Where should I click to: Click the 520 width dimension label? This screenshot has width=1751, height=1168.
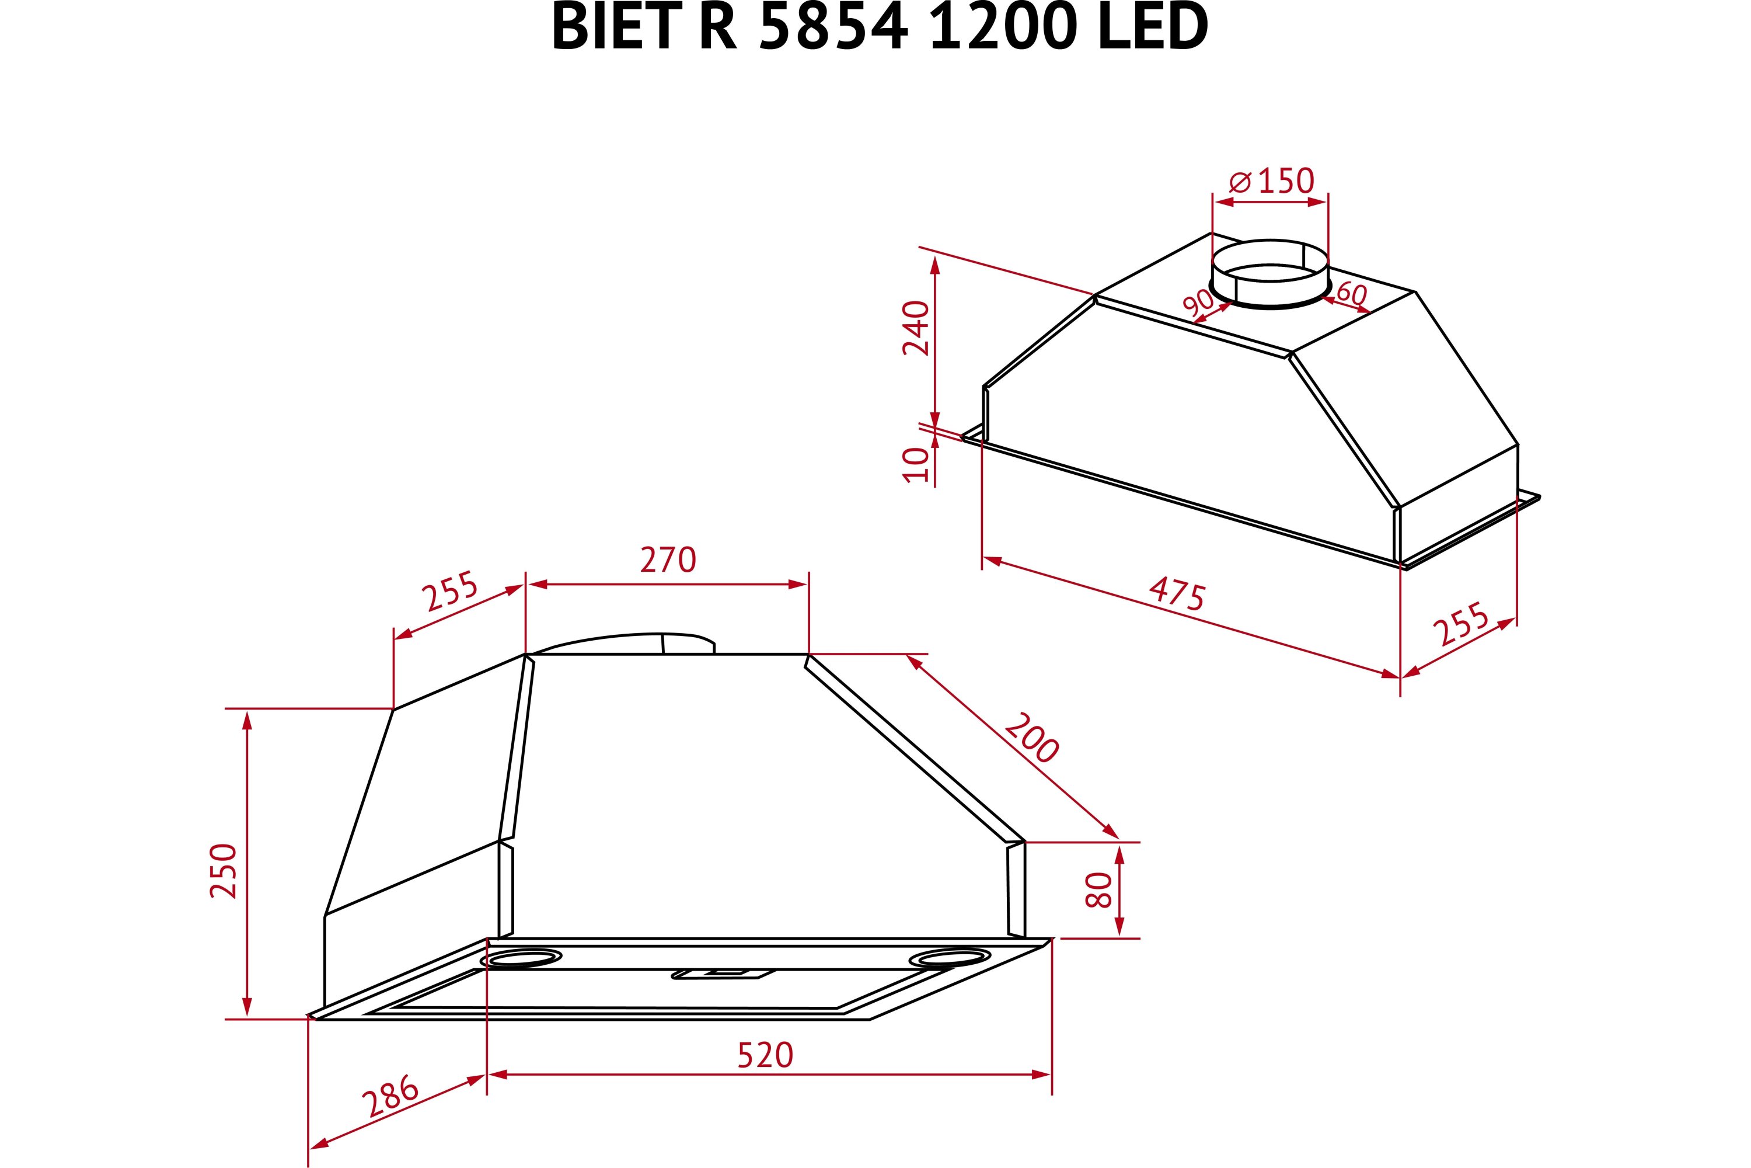[x=765, y=1055]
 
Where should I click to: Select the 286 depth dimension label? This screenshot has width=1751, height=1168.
[x=390, y=1095]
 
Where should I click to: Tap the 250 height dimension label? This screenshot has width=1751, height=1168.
[x=224, y=871]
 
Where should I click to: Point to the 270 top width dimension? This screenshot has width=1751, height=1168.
[x=668, y=560]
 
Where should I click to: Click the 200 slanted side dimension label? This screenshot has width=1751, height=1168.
[x=1031, y=738]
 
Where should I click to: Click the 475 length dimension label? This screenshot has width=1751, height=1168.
[x=1176, y=594]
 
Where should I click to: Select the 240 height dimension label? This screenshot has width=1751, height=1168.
[x=916, y=328]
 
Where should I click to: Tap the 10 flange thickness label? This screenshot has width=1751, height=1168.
[x=916, y=465]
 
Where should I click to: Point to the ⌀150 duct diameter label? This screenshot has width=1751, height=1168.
[x=1271, y=181]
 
